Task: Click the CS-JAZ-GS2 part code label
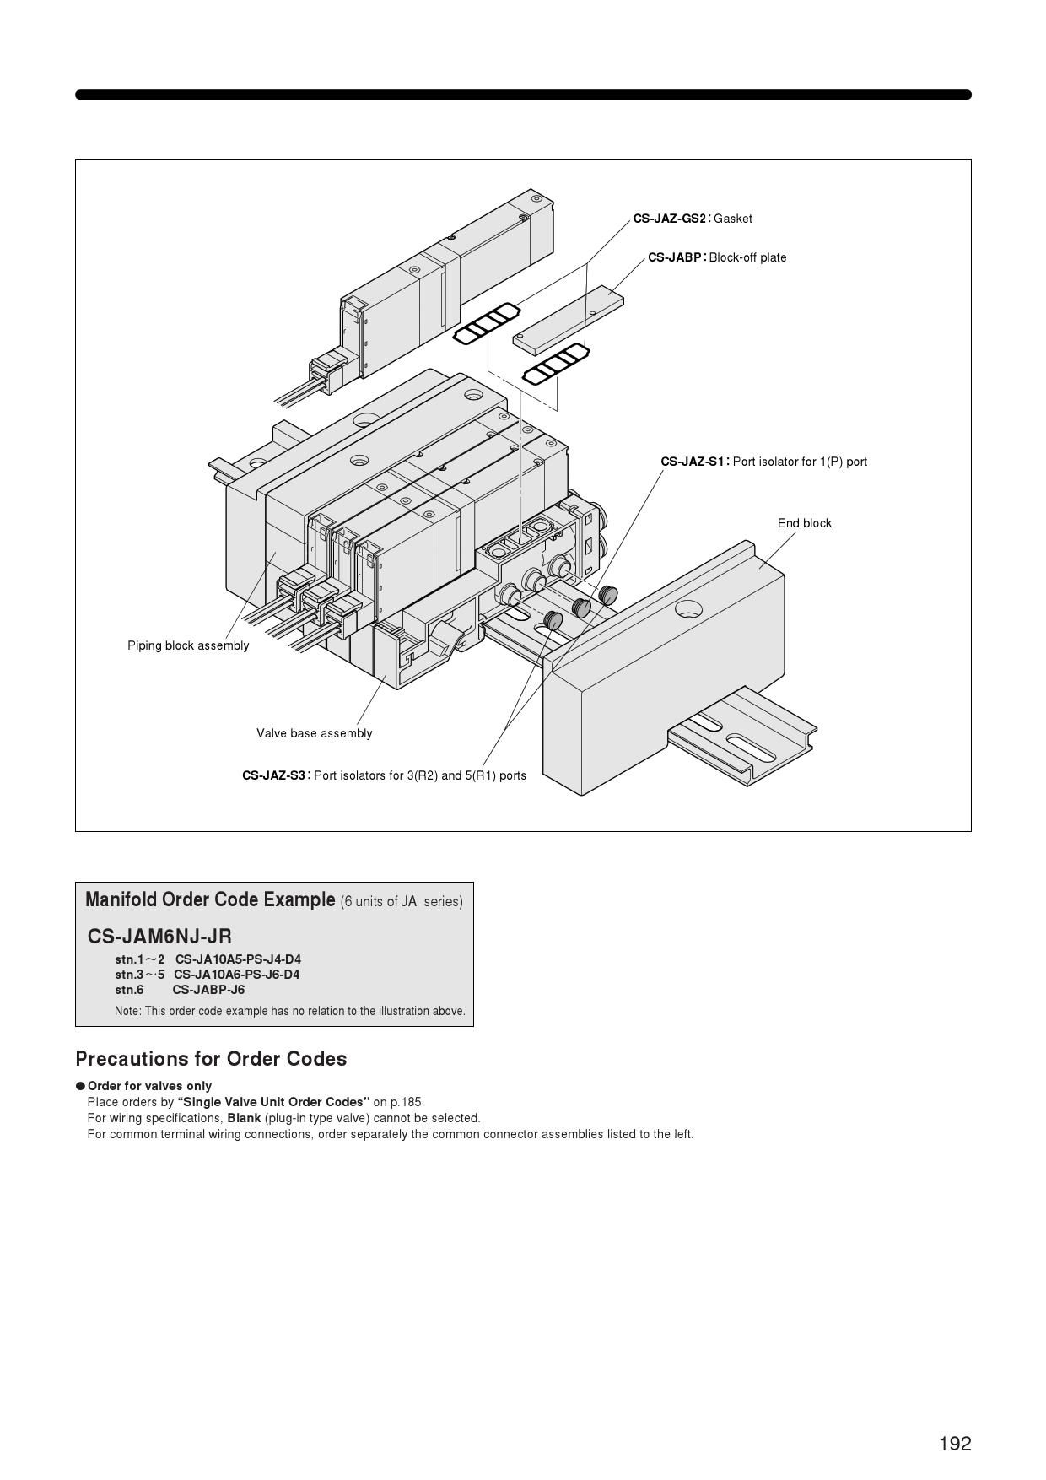pos(670,219)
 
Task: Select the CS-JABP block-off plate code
pos(675,257)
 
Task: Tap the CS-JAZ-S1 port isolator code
pos(693,462)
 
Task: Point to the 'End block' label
pos(804,523)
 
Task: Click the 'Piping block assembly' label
pos(188,645)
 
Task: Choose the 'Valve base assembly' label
pos(314,733)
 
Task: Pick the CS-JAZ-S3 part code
pos(273,775)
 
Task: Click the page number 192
pos(955,1444)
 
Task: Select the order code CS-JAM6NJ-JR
pos(159,936)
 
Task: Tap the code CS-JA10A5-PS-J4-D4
pos(238,959)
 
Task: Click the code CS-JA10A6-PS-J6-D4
pos(236,975)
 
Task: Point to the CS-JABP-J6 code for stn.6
pos(208,990)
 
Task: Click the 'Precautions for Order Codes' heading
pos(211,1059)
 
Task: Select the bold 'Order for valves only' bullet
pos(149,1086)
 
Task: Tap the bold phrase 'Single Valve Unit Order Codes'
pos(273,1102)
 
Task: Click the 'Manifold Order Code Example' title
pos(210,899)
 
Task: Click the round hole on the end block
pos(688,608)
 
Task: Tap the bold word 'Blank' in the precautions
pos(244,1118)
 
